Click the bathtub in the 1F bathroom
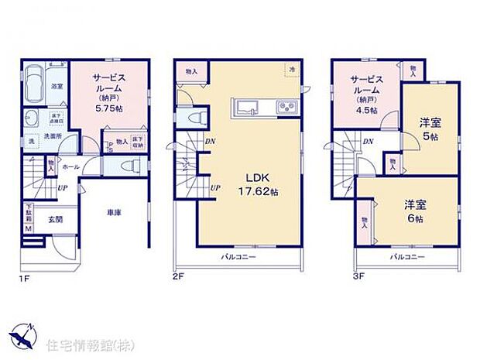point(35,84)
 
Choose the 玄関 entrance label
point(52,218)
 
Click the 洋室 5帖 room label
point(429,127)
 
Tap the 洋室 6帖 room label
point(413,211)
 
